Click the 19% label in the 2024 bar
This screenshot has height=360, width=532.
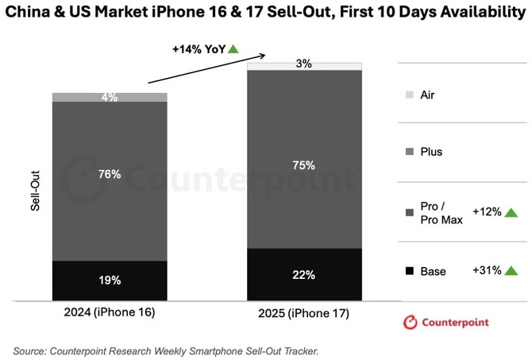110,281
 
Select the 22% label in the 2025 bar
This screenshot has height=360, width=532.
304,275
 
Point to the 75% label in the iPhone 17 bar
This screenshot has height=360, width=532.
304,165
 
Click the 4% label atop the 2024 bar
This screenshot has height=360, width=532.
110,98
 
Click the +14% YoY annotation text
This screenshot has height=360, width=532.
199,48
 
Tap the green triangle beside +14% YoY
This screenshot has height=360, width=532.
233,48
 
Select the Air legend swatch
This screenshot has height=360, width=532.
409,95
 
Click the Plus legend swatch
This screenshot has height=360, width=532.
409,152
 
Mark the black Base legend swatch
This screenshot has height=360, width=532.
409,272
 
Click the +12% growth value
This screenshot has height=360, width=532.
485,212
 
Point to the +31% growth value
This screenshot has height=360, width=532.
485,270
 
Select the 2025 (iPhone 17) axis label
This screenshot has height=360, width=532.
303,314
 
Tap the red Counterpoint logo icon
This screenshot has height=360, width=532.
411,323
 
